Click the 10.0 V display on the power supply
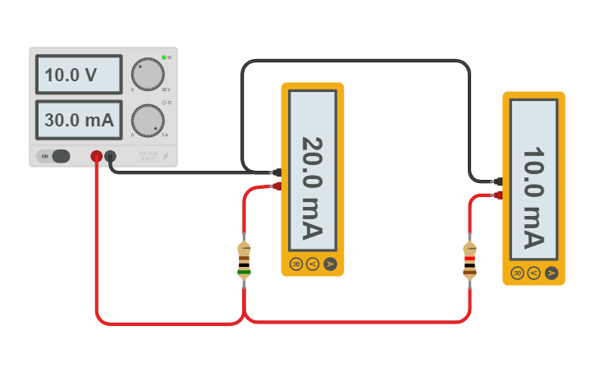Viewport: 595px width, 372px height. click(79, 76)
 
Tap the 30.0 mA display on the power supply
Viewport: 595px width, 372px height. click(79, 120)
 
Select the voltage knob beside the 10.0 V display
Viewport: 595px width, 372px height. click(148, 75)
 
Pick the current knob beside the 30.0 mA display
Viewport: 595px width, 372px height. click(148, 121)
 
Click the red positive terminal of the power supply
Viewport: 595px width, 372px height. click(96, 156)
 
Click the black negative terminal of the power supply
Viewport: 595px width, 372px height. click(110, 156)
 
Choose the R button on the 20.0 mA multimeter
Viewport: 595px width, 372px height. click(295, 264)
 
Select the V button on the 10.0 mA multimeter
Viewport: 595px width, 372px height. click(533, 273)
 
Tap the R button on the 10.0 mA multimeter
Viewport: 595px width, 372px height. click(517, 273)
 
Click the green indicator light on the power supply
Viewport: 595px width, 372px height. click(164, 57)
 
